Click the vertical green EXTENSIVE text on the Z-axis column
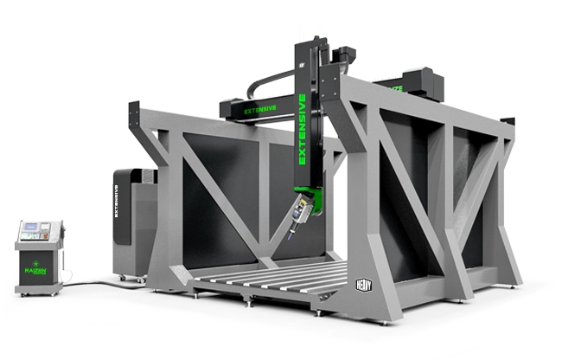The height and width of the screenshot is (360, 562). point(303,129)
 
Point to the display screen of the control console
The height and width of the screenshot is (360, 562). point(33,231)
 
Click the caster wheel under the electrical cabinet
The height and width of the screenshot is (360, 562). point(122,278)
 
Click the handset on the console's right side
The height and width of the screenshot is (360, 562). point(61,230)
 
